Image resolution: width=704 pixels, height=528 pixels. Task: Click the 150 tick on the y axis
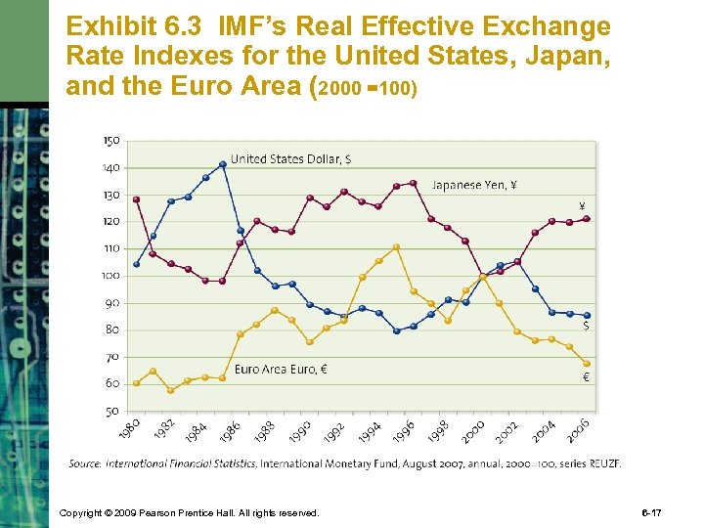click(x=111, y=141)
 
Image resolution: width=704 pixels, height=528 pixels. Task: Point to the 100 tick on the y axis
click(x=111, y=276)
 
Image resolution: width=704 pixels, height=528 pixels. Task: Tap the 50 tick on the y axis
click(x=111, y=412)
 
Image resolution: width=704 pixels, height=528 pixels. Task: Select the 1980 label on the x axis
click(x=129, y=428)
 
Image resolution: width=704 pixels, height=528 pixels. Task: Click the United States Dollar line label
click(x=291, y=159)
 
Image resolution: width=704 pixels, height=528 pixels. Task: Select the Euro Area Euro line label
click(x=281, y=370)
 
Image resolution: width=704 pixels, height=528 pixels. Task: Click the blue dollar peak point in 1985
click(x=223, y=164)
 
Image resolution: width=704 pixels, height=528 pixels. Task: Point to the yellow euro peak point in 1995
click(x=396, y=246)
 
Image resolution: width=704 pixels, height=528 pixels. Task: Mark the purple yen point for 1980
click(x=136, y=199)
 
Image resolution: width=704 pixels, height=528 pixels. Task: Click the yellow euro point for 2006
click(x=587, y=364)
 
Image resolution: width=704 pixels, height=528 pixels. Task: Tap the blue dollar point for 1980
click(x=136, y=264)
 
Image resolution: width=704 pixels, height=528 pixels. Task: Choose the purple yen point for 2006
click(x=587, y=219)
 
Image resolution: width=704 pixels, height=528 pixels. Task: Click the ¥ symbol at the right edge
click(x=583, y=206)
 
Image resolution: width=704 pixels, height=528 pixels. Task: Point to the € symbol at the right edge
click(x=586, y=378)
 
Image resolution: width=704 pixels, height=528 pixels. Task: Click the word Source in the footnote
click(x=85, y=463)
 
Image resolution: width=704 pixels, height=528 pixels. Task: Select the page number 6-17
click(x=678, y=512)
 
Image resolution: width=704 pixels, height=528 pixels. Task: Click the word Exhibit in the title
click(x=103, y=26)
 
